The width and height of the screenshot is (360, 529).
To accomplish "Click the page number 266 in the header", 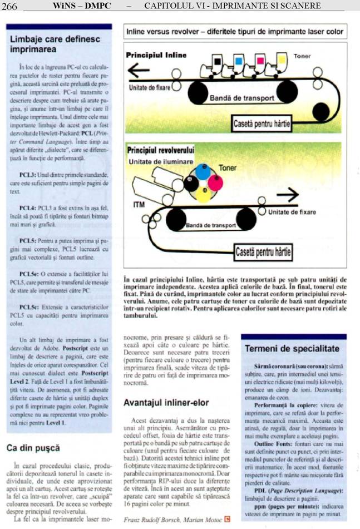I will (10, 6).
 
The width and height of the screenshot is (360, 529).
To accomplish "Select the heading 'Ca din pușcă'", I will (33, 447).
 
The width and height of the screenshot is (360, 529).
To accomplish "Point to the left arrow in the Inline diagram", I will (139, 71).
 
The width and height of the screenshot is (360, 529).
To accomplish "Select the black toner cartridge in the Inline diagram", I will (217, 60).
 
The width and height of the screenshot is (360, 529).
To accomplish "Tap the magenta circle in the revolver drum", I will (215, 182).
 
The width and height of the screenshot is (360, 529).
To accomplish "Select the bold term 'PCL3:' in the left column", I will (29, 175).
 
